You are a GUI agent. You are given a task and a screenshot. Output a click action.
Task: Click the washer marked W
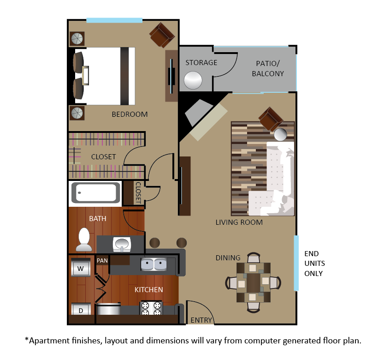[81, 267]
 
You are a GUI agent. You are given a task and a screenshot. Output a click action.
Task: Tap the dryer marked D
[81, 309]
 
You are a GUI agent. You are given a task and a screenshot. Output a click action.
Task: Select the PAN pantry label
[102, 261]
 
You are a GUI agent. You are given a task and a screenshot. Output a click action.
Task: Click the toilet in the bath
[84, 240]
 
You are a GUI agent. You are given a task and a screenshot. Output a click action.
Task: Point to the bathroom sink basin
[122, 245]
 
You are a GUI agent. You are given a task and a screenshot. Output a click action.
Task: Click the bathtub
[96, 193]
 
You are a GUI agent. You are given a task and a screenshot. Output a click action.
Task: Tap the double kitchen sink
[154, 264]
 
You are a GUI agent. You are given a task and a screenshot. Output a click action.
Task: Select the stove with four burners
[151, 308]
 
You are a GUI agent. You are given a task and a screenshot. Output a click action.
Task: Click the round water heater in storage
[193, 80]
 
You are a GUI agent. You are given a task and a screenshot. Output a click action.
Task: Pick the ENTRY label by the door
[201, 320]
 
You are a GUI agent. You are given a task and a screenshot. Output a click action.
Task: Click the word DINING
[228, 258]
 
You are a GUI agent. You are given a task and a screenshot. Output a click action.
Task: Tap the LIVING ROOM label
[239, 222]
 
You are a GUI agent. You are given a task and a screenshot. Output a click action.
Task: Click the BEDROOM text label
[130, 114]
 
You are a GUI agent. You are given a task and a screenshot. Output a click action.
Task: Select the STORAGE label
[201, 62]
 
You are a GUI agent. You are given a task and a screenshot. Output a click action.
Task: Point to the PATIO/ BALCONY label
[268, 68]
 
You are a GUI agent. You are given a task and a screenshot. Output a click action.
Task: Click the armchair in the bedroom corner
[162, 35]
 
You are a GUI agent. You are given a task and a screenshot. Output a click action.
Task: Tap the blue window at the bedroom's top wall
[114, 20]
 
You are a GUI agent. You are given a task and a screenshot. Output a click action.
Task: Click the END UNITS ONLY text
[314, 264]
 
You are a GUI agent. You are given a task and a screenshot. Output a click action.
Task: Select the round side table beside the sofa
[281, 135]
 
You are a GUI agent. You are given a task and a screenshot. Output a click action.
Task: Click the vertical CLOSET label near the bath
[138, 193]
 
